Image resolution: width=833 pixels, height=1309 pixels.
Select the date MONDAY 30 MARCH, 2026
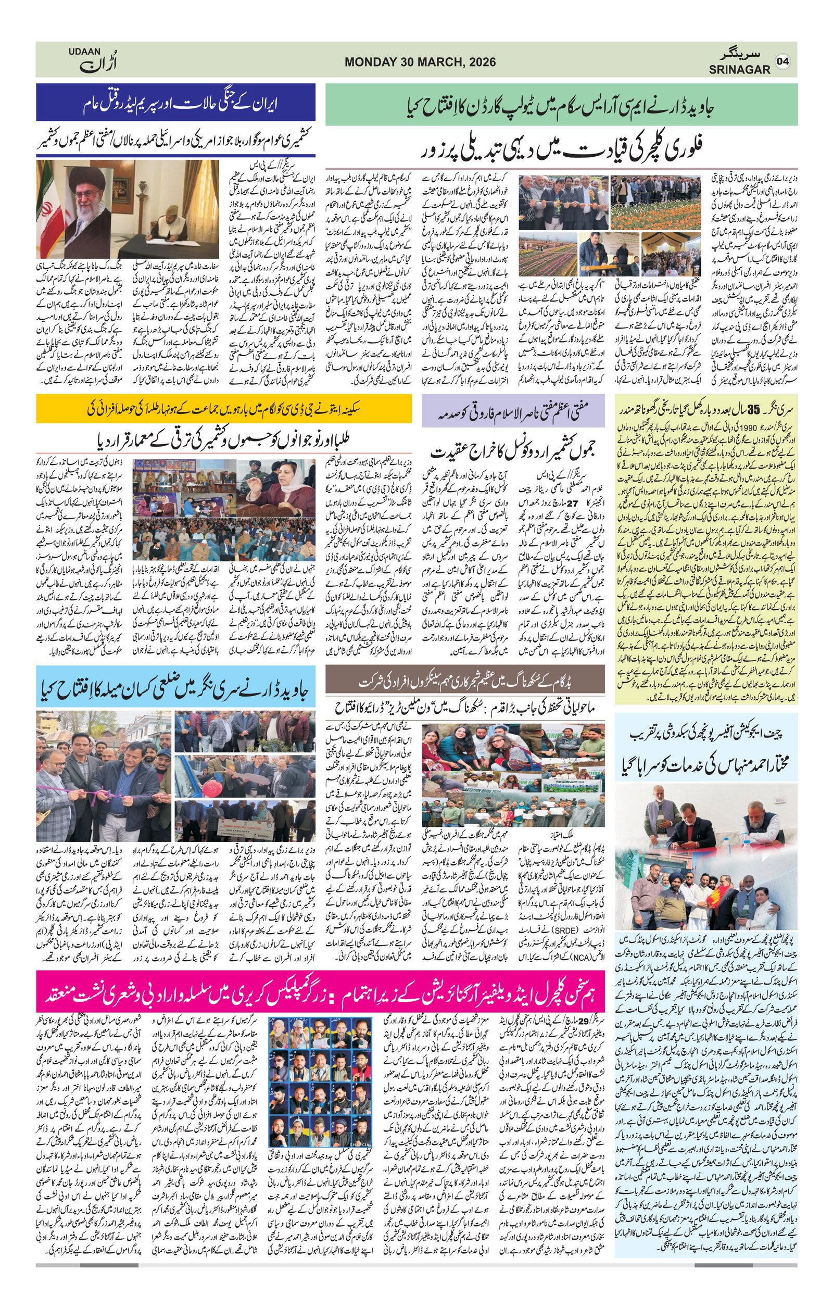[420, 62]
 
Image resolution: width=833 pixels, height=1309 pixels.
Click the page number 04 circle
[782, 61]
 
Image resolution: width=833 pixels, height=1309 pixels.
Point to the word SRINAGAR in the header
[739, 70]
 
